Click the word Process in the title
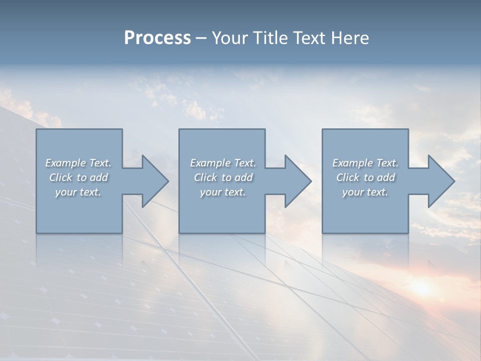[157, 38]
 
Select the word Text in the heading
[309, 38]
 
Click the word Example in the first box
[66, 163]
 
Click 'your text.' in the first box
[78, 192]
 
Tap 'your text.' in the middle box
[223, 192]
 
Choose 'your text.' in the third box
[365, 192]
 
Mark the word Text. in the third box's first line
[387, 163]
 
